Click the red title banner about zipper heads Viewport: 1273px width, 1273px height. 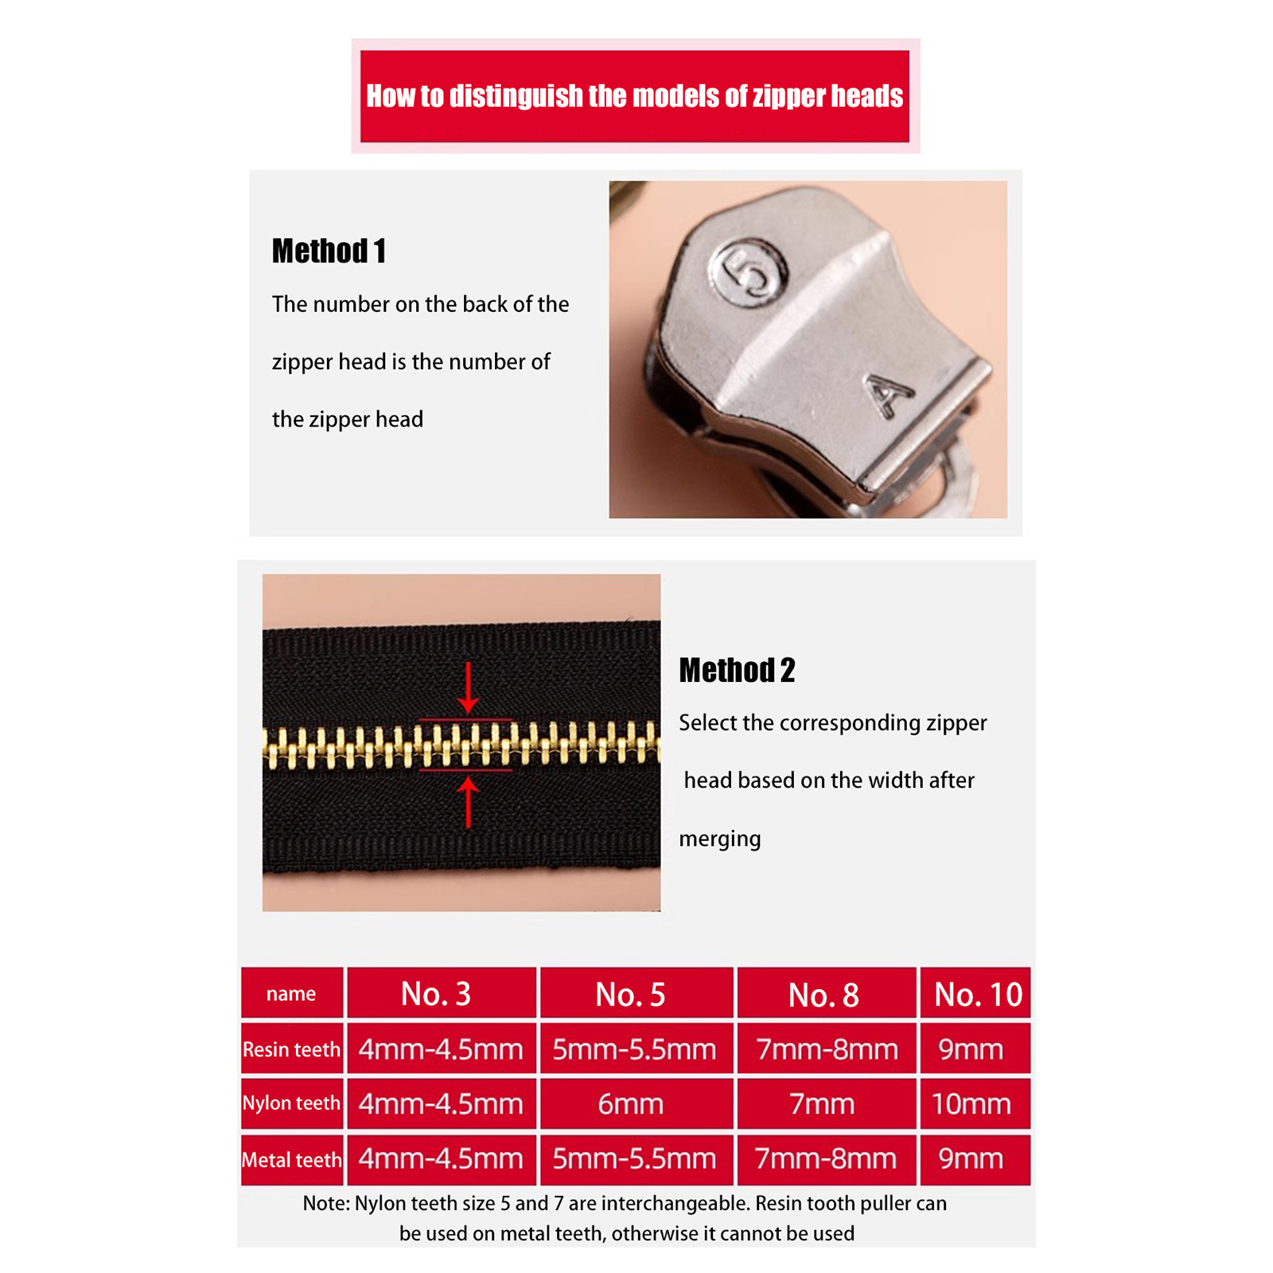(x=635, y=96)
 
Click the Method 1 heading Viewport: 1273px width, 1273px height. (x=329, y=251)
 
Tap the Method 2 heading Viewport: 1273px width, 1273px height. (x=737, y=671)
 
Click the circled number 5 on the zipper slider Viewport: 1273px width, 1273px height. (x=751, y=274)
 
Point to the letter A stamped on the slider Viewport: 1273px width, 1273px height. (x=890, y=395)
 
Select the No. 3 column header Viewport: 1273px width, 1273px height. (x=436, y=994)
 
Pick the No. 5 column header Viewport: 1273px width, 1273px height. (x=630, y=995)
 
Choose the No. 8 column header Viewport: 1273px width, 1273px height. (x=823, y=995)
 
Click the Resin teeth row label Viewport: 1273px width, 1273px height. (x=291, y=1049)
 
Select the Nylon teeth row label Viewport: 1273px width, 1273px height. (x=291, y=1104)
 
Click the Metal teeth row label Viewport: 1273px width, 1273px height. (x=291, y=1160)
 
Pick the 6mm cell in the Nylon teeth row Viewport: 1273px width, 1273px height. (x=630, y=1104)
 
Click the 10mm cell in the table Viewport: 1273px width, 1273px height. (x=971, y=1104)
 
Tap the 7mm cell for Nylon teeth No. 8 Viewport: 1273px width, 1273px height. (x=822, y=1104)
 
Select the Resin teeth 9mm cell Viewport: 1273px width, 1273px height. (x=971, y=1049)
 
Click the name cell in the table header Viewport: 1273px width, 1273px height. (x=291, y=994)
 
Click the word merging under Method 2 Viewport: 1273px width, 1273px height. (x=720, y=839)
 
